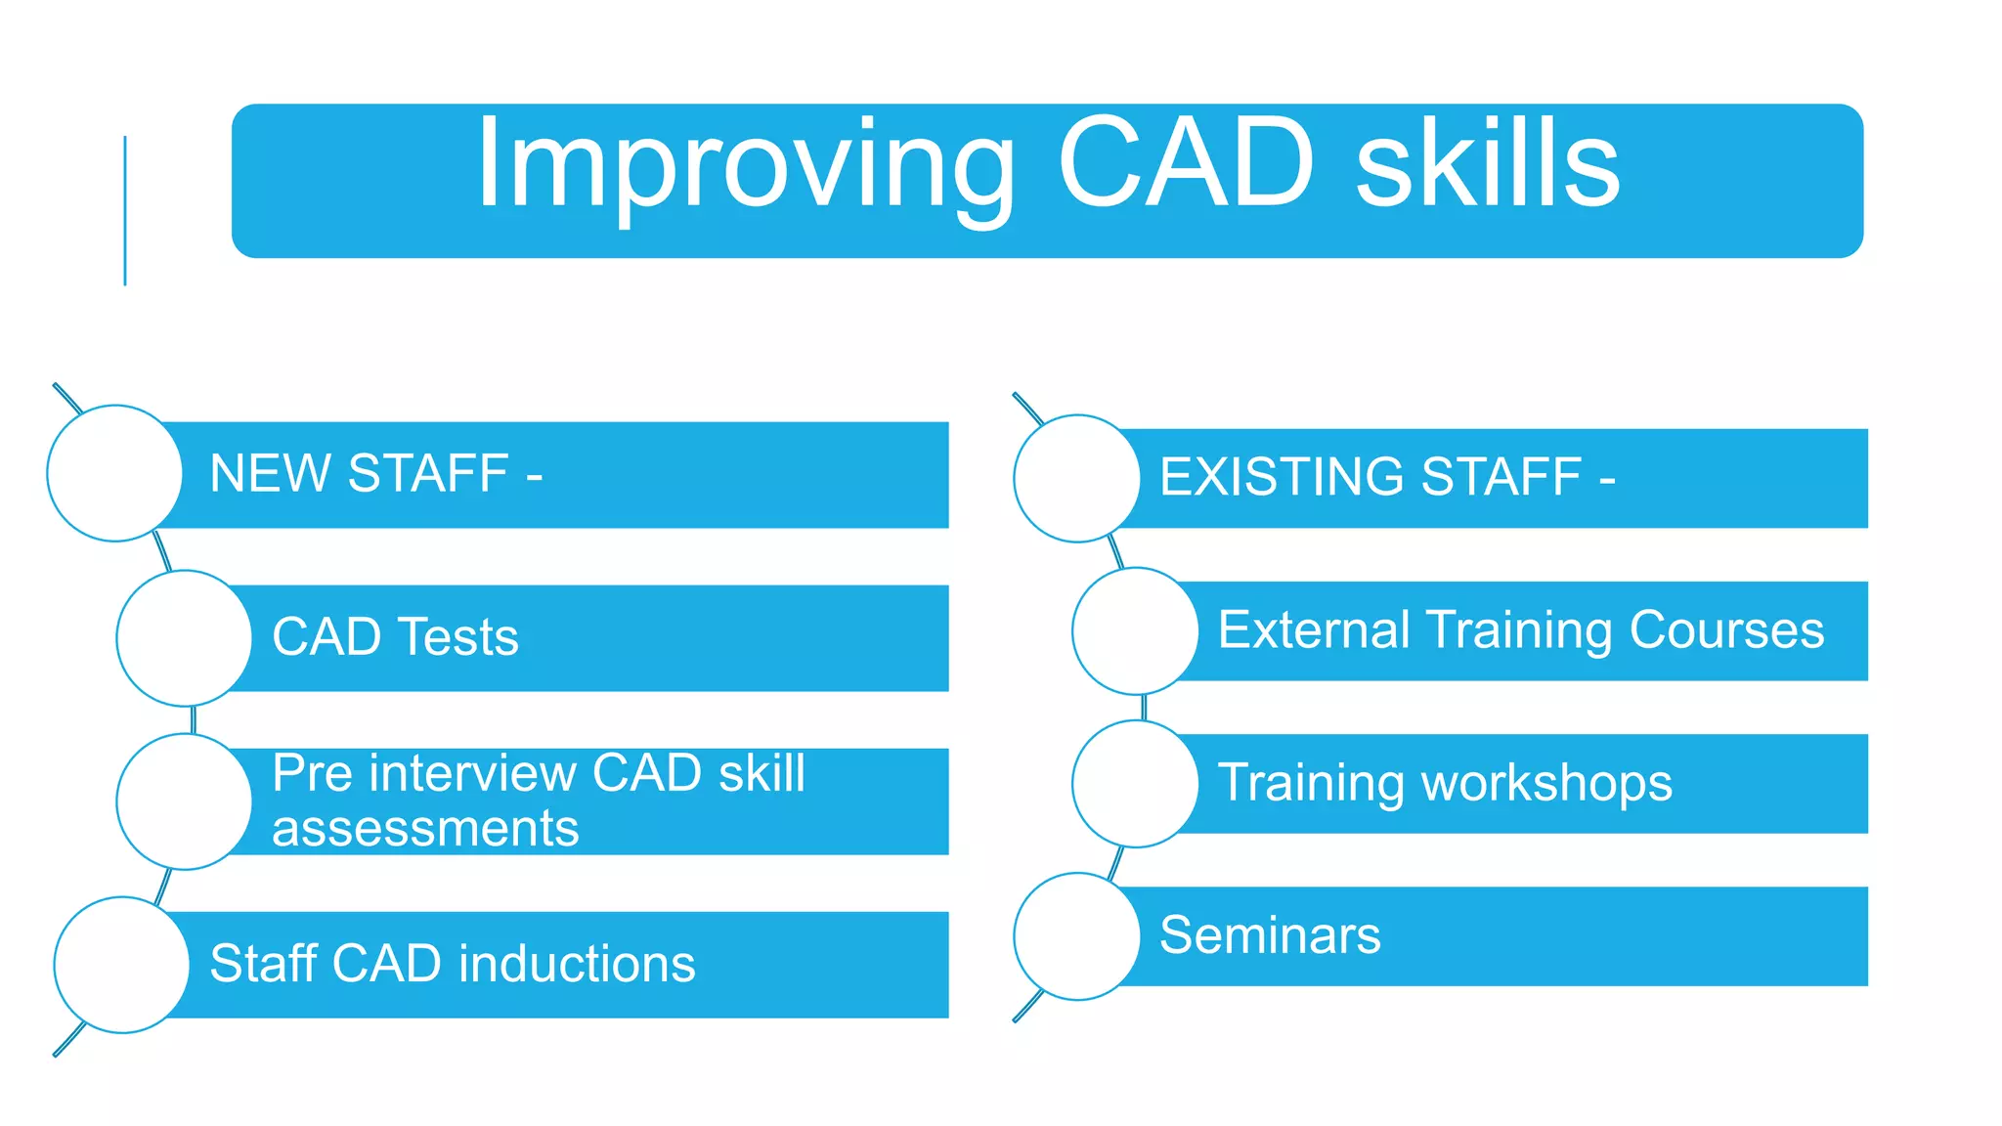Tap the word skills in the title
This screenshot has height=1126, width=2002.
click(x=1488, y=164)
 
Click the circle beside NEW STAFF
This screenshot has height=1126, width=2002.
click(x=114, y=473)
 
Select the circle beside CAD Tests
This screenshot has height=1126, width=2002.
click(x=184, y=638)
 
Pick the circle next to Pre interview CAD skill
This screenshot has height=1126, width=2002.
click(x=184, y=801)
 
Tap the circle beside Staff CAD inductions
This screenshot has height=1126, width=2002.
click(x=121, y=965)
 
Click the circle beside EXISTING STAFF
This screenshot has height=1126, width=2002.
click(x=1076, y=478)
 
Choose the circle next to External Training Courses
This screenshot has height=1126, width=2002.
click(x=1135, y=630)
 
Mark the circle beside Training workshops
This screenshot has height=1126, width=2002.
click(x=1135, y=784)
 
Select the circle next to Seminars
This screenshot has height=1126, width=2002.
click(x=1076, y=936)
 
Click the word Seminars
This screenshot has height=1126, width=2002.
click(x=1270, y=935)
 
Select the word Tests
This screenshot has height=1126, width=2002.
click(x=457, y=637)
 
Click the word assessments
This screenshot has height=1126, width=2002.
click(x=425, y=829)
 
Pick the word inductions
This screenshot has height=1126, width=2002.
click(x=577, y=964)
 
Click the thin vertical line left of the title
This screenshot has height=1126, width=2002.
click(x=125, y=210)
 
